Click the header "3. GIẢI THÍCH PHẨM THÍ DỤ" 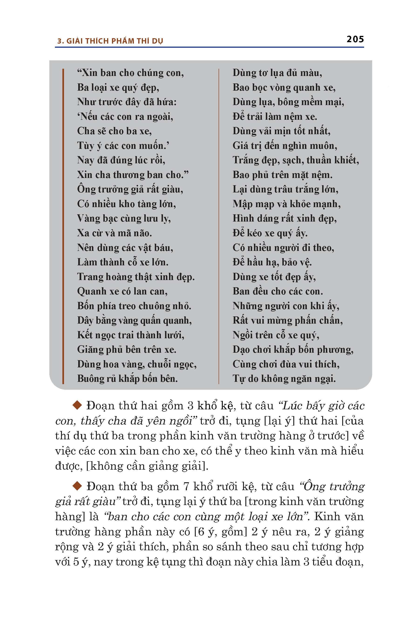(x=110, y=41)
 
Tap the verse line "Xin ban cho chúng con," (x=130, y=73)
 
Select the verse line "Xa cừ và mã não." (x=114, y=233)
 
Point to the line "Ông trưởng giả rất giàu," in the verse (x=130, y=189)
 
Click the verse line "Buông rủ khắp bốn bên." (x=127, y=379)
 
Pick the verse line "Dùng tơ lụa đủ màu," (x=277, y=73)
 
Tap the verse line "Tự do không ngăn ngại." (x=284, y=379)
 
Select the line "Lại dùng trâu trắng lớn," (x=285, y=189)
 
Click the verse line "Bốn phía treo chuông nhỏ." (x=134, y=306)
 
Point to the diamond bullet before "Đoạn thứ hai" (x=77, y=405)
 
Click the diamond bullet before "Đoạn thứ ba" (x=77, y=486)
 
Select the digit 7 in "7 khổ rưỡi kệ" (x=186, y=486)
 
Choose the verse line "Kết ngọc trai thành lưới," (x=131, y=335)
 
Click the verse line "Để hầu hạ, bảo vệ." (x=272, y=262)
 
